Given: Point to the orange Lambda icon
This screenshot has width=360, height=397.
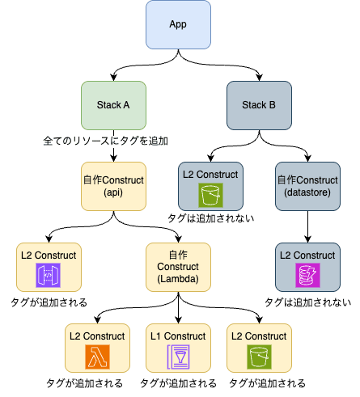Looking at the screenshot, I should (97, 356).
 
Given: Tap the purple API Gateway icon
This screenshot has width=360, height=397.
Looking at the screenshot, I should (49, 276).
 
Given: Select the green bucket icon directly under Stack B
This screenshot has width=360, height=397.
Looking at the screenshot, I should (210, 195).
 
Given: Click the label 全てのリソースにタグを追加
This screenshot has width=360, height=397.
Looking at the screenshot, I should (105, 141).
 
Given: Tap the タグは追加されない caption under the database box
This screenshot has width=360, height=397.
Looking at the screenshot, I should (307, 303).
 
